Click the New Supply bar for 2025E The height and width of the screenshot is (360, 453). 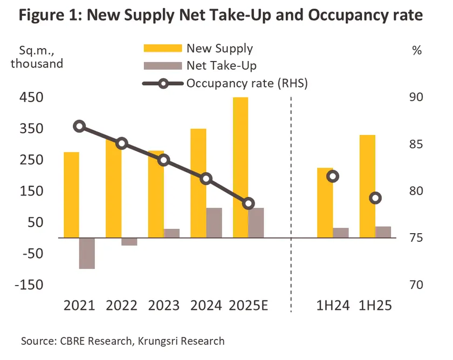coord(241,167)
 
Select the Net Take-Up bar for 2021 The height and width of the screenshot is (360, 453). coord(87,253)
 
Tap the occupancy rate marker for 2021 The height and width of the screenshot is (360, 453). coord(79,126)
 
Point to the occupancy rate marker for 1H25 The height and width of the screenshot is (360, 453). coord(376,198)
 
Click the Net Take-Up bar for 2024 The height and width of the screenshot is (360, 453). coord(214,222)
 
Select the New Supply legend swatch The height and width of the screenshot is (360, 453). coord(161,48)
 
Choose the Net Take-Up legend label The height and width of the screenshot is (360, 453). coord(221,66)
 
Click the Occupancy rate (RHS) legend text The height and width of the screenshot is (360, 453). coord(247,83)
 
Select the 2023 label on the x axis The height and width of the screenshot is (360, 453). coord(163,305)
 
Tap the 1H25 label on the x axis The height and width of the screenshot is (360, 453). coord(375,305)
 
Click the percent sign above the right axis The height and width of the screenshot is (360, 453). coord(416,51)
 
